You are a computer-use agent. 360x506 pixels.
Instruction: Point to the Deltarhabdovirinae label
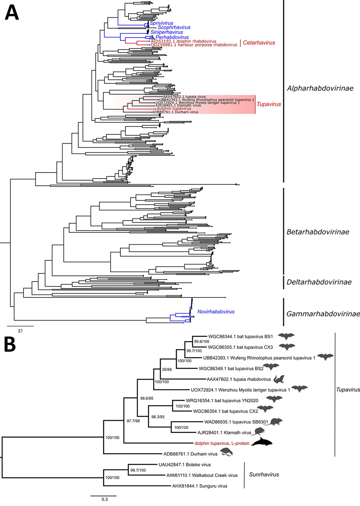[x=319, y=282]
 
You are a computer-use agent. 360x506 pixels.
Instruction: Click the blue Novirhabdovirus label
[x=215, y=311]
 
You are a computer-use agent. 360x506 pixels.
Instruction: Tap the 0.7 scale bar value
[x=20, y=331]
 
